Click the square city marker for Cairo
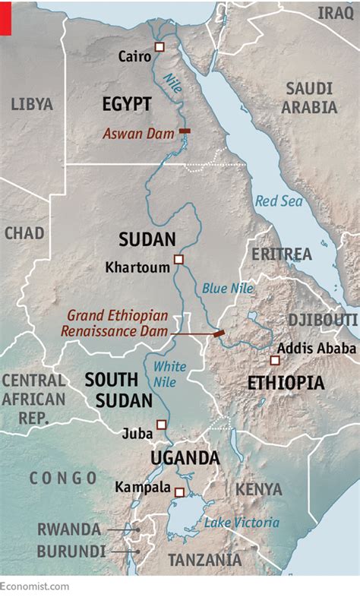(159, 47)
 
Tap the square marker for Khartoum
(178, 260)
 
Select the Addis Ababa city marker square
(275, 360)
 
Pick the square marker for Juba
(161, 425)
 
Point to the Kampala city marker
(179, 492)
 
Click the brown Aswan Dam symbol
(184, 131)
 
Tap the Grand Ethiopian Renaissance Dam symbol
(219, 333)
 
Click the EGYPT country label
(127, 104)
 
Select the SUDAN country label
(147, 240)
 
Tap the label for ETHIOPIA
(286, 383)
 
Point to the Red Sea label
(279, 201)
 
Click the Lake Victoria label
(242, 523)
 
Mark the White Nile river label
(169, 374)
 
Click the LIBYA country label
(32, 104)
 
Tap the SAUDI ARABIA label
(309, 97)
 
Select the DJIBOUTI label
(322, 319)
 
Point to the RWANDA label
(69, 529)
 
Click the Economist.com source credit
(35, 586)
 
